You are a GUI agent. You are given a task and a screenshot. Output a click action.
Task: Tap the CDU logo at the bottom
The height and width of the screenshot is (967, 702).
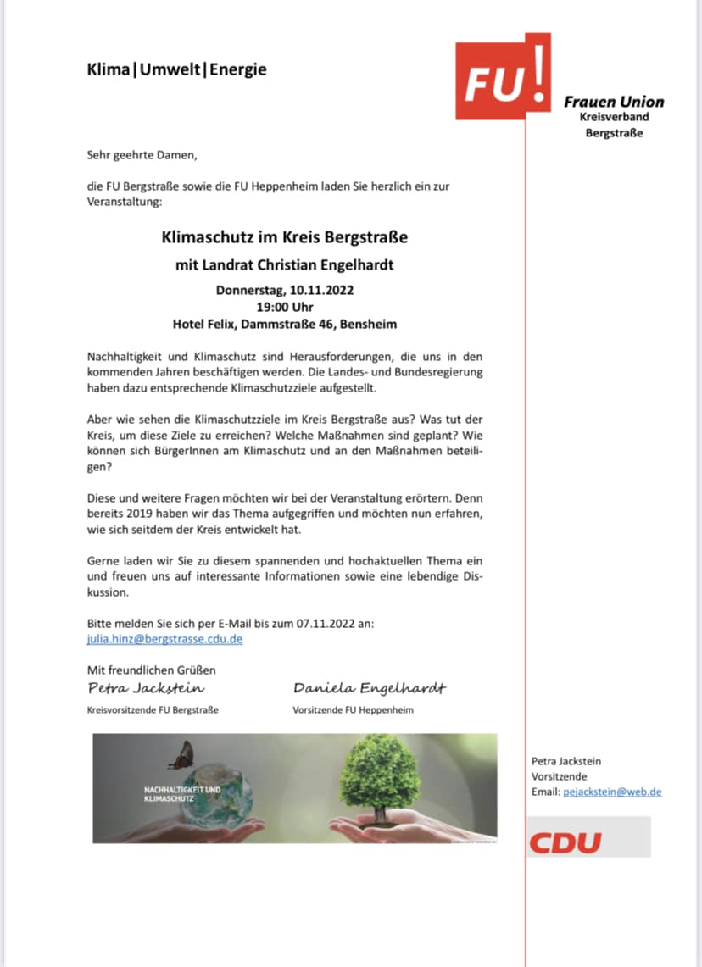[565, 842]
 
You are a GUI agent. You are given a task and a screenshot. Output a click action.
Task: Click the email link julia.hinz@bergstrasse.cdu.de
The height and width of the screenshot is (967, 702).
[164, 639]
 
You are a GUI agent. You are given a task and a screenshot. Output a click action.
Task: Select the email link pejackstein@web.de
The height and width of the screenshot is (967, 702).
[610, 792]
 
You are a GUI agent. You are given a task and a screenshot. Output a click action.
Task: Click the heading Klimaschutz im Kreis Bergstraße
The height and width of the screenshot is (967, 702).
[285, 237]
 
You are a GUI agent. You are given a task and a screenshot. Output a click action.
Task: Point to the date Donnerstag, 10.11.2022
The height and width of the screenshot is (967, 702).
[285, 290]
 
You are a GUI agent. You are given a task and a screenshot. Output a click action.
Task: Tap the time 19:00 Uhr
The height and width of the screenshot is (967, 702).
[285, 307]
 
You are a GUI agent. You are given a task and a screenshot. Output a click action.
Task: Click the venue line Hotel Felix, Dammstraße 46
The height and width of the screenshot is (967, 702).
[285, 324]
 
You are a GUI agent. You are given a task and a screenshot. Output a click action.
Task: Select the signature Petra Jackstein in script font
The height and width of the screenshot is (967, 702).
[146, 687]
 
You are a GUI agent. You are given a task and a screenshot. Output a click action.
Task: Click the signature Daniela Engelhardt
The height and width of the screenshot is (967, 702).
[369, 687]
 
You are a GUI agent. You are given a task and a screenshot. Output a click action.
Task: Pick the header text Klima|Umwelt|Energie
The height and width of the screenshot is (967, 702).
[176, 69]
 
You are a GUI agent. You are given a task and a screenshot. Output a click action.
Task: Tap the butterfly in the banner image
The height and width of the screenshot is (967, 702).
[183, 754]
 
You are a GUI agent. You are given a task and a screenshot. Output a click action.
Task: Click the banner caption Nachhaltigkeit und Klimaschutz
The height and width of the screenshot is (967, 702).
[181, 793]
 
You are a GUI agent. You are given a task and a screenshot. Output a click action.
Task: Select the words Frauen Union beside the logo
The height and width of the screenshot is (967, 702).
[614, 102]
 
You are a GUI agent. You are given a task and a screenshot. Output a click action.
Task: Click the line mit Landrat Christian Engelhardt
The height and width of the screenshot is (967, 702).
[285, 265]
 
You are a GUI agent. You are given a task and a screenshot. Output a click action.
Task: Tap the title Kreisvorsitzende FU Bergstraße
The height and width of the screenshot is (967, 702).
[153, 709]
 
